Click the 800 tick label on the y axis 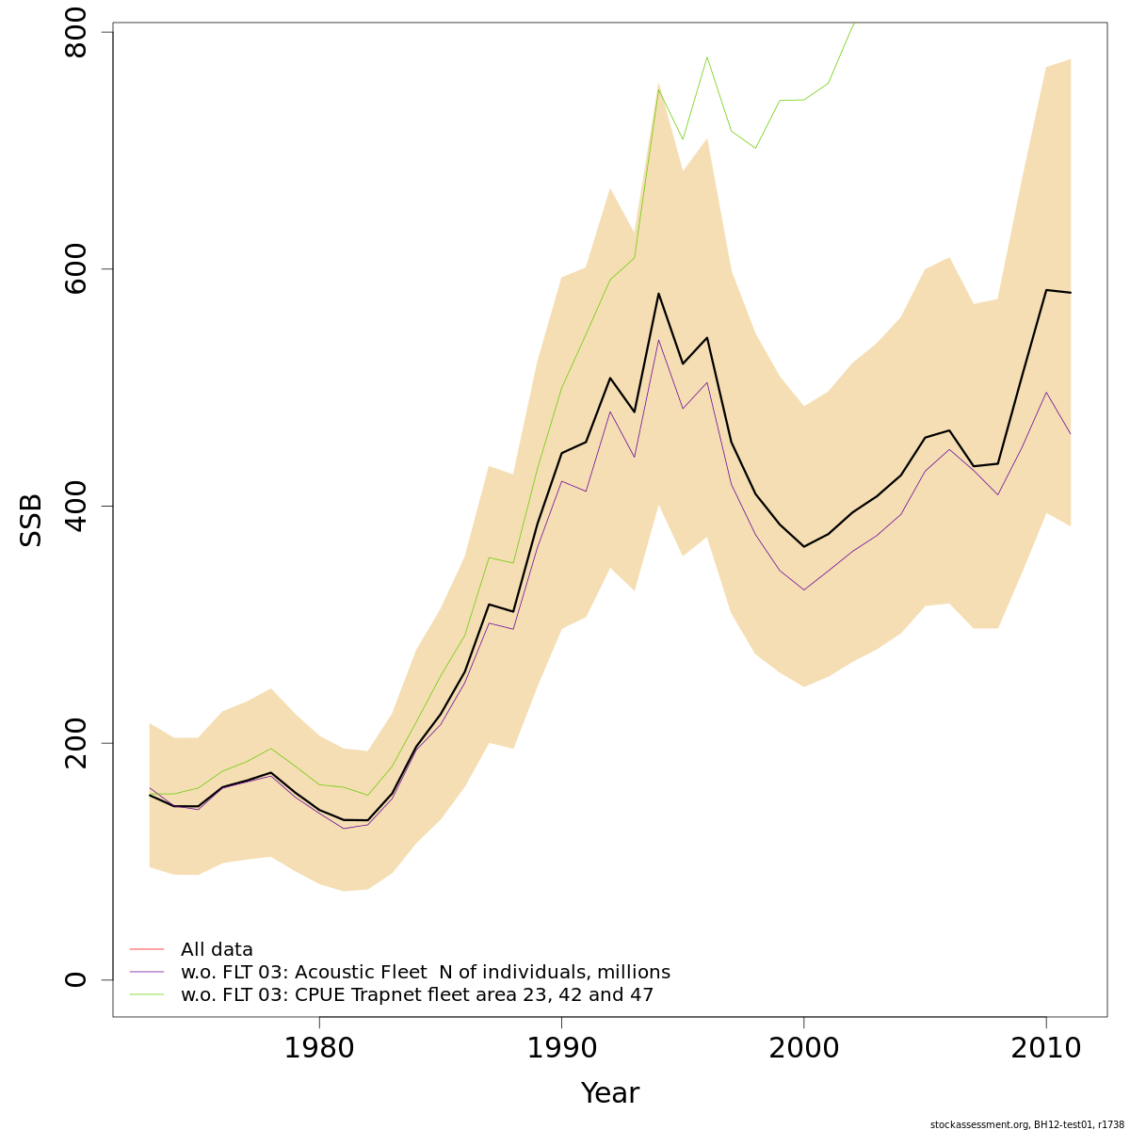(x=75, y=33)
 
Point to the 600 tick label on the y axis (x=75, y=269)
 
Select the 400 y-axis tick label (x=75, y=506)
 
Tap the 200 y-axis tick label (x=75, y=743)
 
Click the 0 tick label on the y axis (x=75, y=979)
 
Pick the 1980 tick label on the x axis (x=319, y=1047)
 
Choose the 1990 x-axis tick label (x=561, y=1047)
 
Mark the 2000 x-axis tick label (x=803, y=1047)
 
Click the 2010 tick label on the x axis (x=1045, y=1047)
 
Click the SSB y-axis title (x=32, y=520)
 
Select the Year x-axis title (x=609, y=1093)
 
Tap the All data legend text (x=217, y=950)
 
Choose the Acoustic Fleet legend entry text (x=425, y=973)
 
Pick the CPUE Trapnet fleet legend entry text (x=416, y=995)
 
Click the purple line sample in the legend (x=147, y=972)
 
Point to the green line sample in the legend (x=147, y=994)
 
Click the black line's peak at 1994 (x=658, y=294)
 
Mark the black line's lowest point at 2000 (x=803, y=546)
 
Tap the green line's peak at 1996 (x=706, y=57)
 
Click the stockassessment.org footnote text (x=1026, y=1124)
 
